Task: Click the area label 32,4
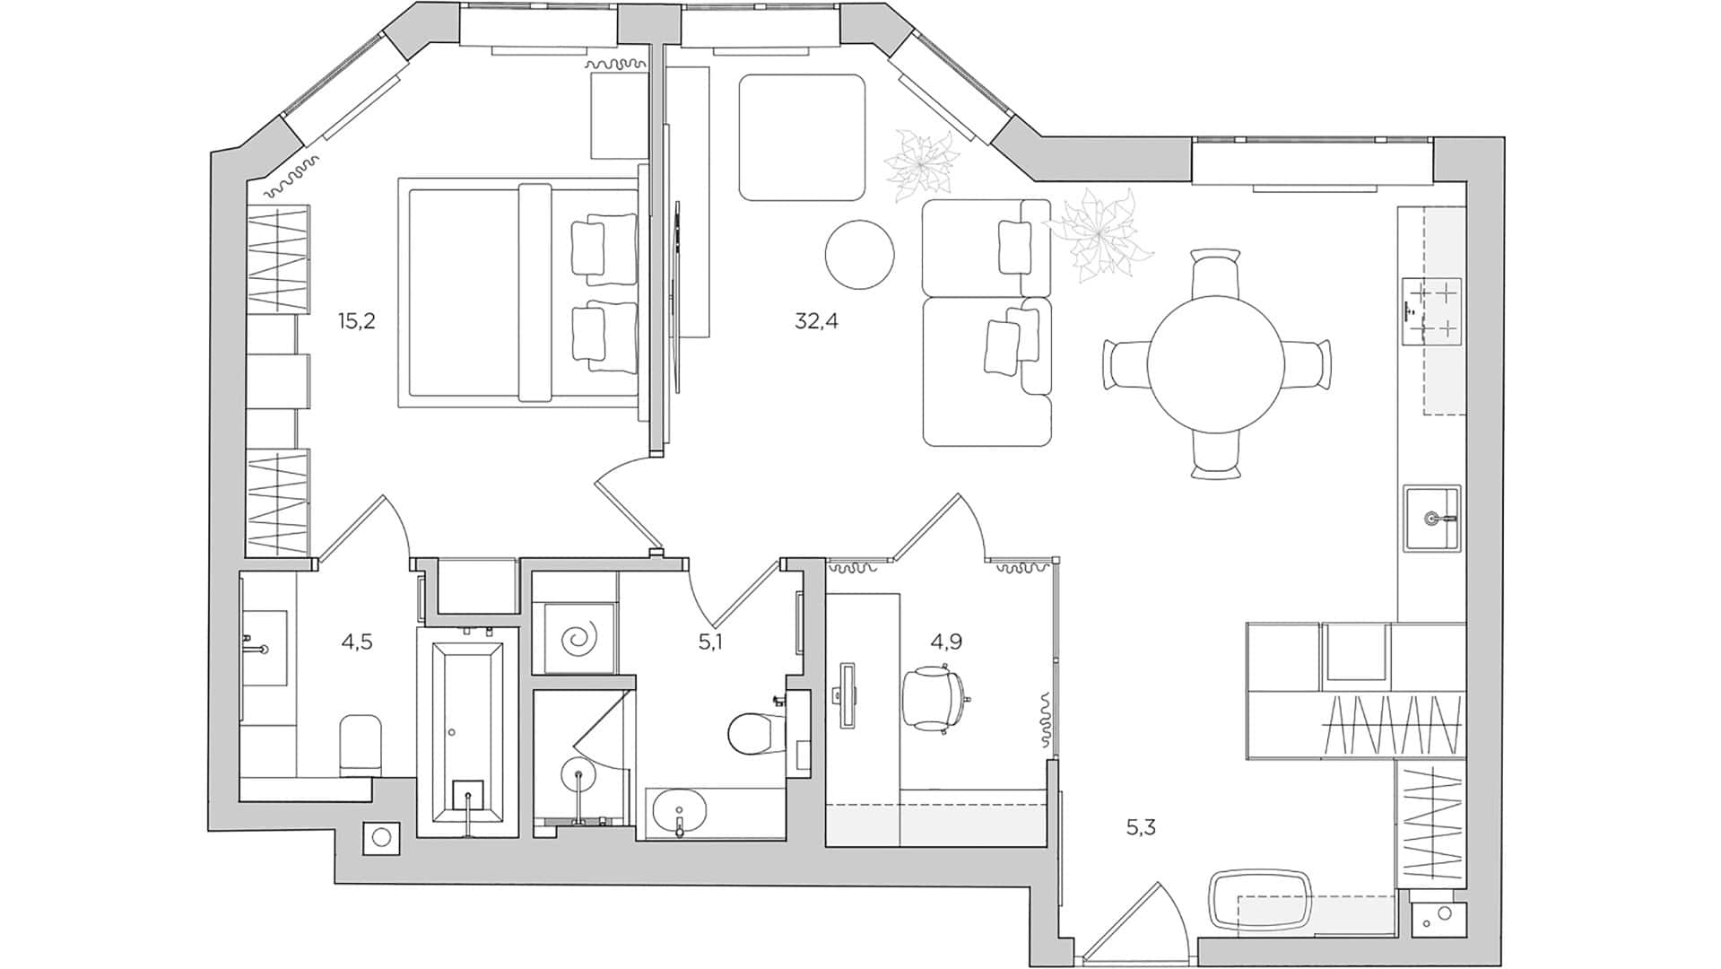pos(816,321)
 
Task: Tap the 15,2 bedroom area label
pos(356,321)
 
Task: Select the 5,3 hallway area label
pos(1141,827)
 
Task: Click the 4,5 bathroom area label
pos(356,642)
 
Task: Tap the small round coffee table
pos(859,255)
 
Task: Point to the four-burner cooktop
pos(1432,310)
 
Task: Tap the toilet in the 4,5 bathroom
pos(361,745)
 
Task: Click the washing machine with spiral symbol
pos(574,639)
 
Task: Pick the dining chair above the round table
pos(1216,275)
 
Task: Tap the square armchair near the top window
pos(802,137)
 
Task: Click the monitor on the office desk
pos(847,694)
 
